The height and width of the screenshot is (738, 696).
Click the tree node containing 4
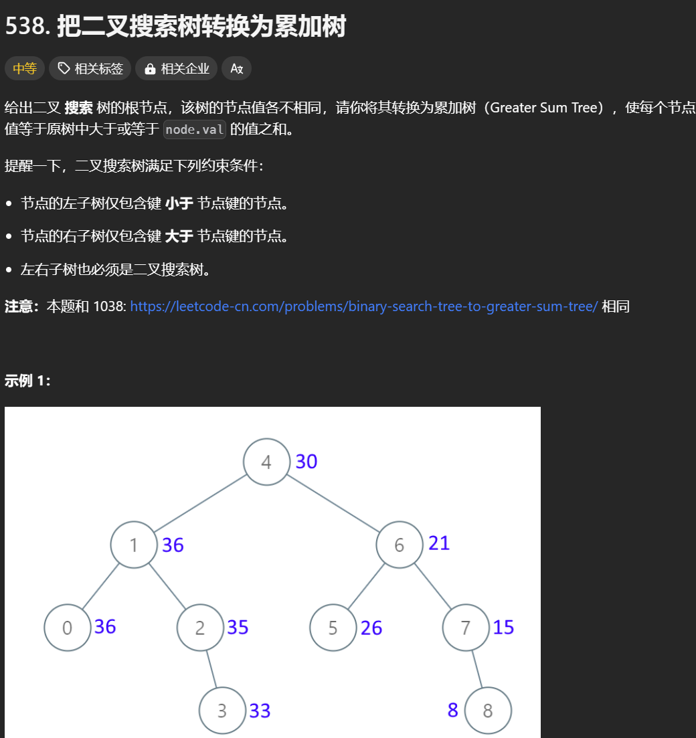pyautogui.click(x=266, y=462)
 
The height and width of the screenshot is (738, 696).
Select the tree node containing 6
pyautogui.click(x=400, y=545)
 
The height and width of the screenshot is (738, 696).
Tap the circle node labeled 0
pyautogui.click(x=68, y=628)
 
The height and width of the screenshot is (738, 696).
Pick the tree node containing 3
pyautogui.click(x=222, y=711)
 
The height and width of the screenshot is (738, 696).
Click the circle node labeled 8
pyautogui.click(x=488, y=711)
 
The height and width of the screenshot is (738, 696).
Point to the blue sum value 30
pyautogui.click(x=306, y=462)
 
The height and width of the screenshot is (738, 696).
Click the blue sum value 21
pyautogui.click(x=439, y=543)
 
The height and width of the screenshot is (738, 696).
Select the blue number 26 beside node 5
pyautogui.click(x=371, y=628)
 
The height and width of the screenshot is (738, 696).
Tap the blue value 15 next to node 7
pyautogui.click(x=503, y=628)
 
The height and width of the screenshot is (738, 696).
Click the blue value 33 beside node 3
pyautogui.click(x=260, y=711)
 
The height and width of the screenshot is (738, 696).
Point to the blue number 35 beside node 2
pyautogui.click(x=238, y=628)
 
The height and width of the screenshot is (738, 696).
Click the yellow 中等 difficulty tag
pyautogui.click(x=25, y=68)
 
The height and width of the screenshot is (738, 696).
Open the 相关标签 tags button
pyautogui.click(x=90, y=68)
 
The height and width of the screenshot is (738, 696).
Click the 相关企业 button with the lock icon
pyautogui.click(x=177, y=68)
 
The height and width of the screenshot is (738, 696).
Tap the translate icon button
pyautogui.click(x=236, y=68)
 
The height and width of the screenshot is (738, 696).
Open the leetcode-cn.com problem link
pyautogui.click(x=363, y=306)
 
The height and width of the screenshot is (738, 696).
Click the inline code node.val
pyautogui.click(x=195, y=130)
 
